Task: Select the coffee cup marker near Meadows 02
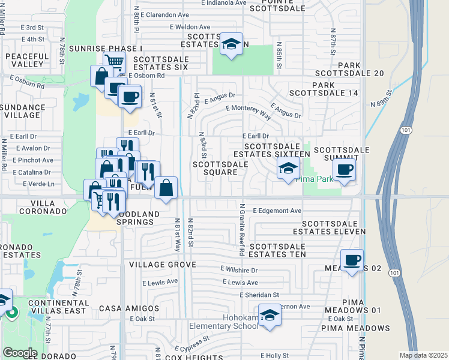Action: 352,260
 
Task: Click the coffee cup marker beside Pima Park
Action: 344,170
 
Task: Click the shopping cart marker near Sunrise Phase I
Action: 113,61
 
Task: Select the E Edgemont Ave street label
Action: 277,211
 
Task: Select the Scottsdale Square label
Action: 220,168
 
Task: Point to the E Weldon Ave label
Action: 190,27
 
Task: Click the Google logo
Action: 20,353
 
